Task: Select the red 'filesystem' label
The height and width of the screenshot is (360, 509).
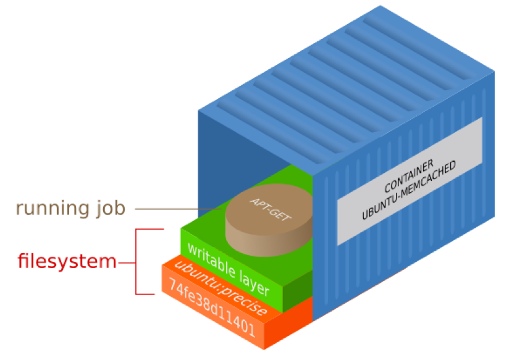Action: coord(67,262)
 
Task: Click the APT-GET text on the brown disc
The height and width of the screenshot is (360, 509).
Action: coord(265,209)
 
